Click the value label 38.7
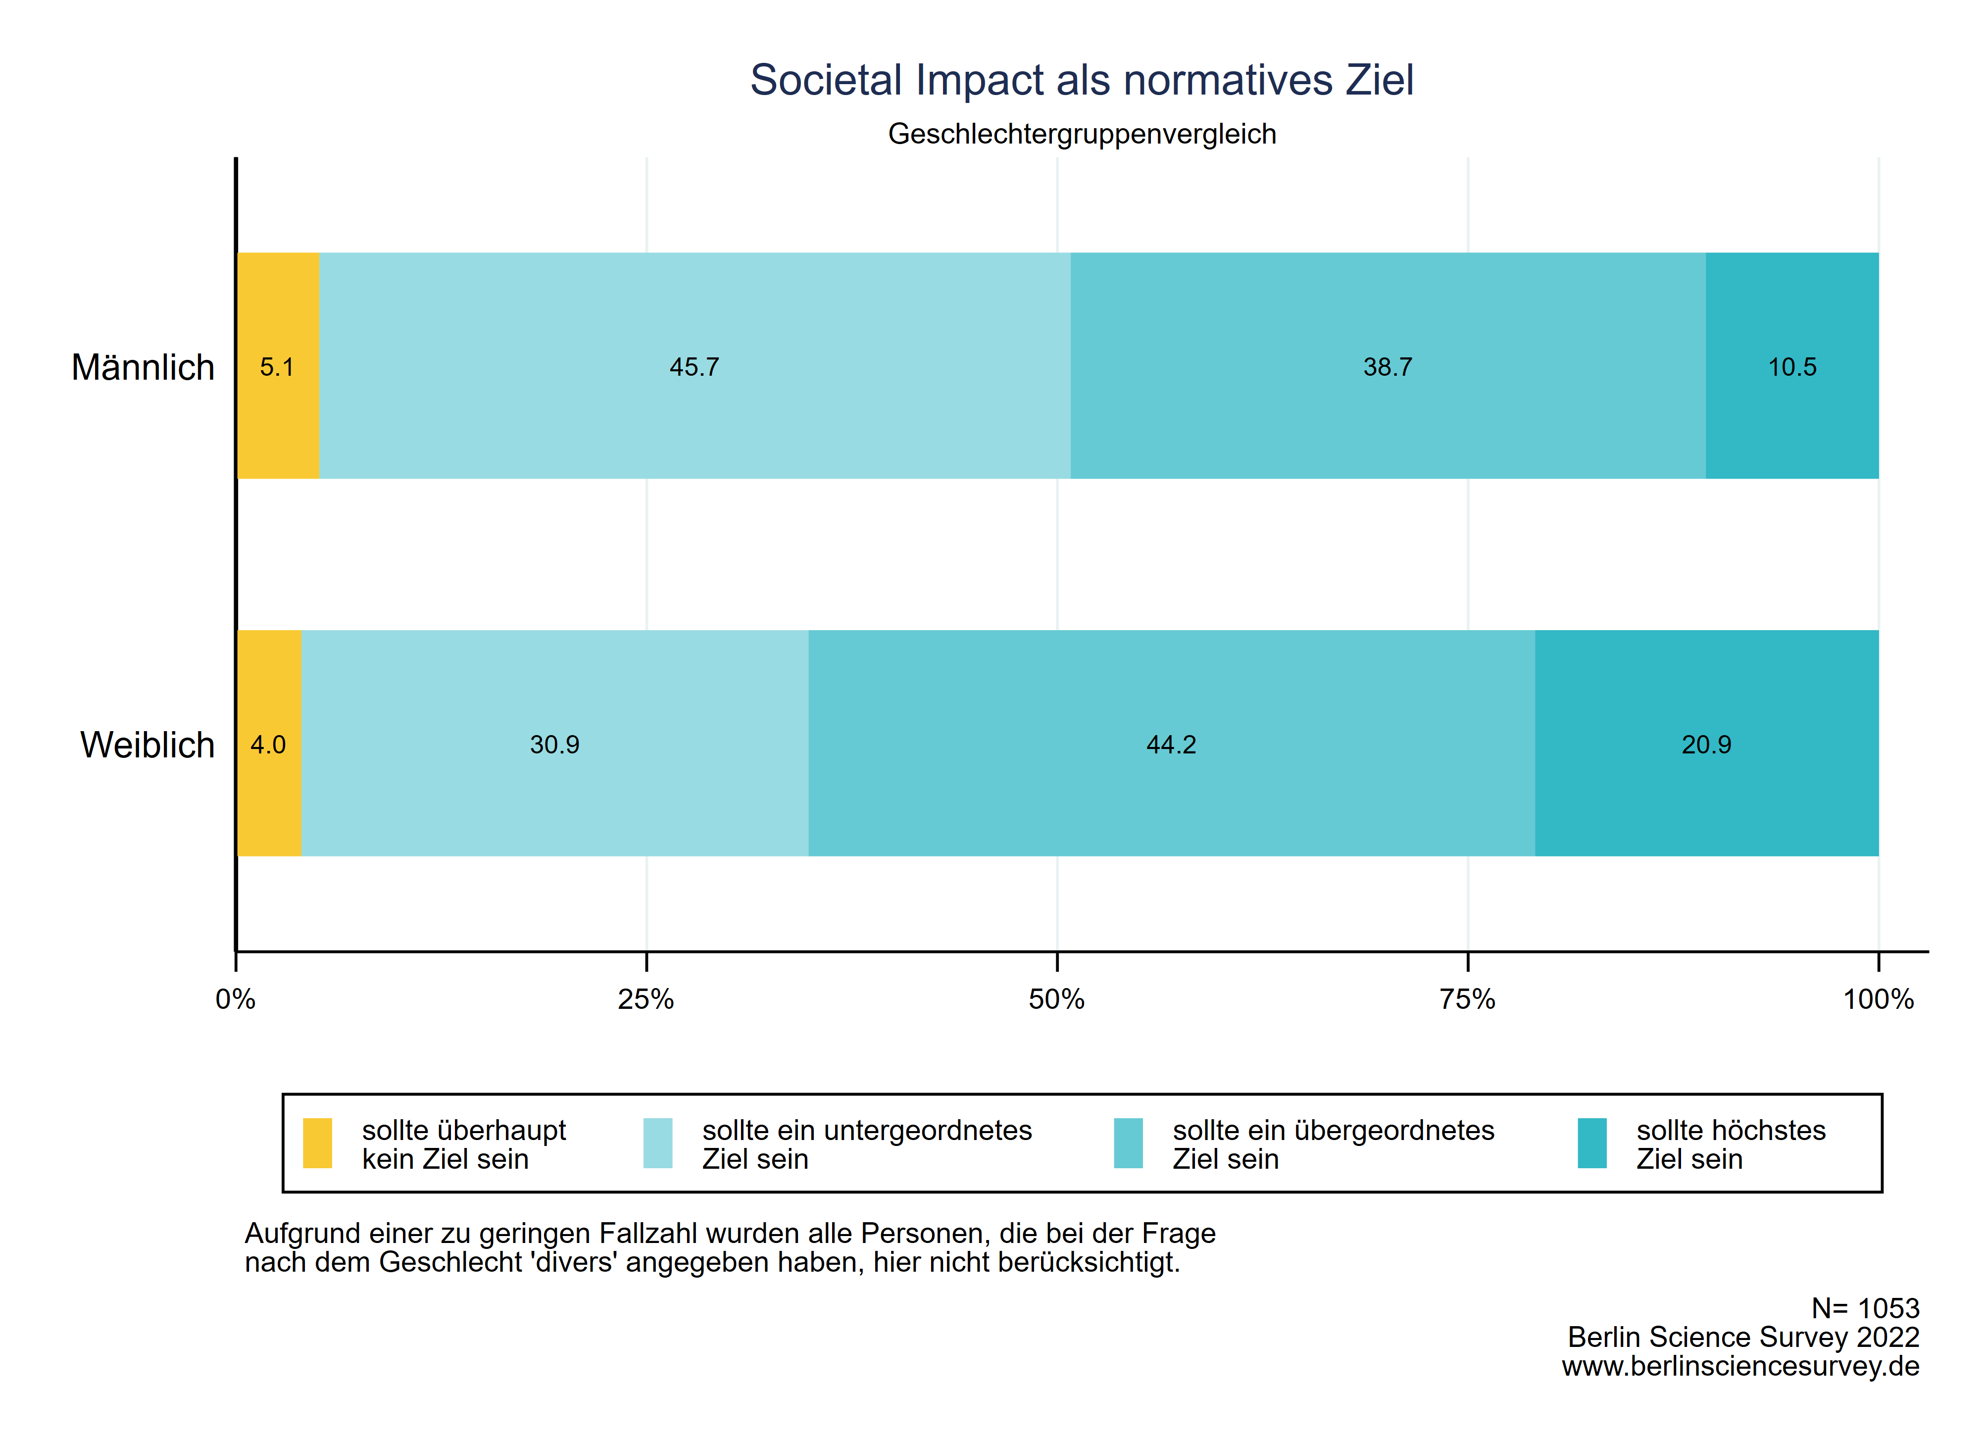click(x=1387, y=367)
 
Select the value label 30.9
click(x=554, y=745)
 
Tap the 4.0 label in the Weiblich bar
click(x=268, y=745)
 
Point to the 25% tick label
click(x=646, y=999)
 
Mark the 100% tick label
click(x=1878, y=999)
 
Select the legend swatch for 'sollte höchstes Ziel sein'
click(x=1592, y=1143)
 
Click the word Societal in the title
click(x=826, y=80)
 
